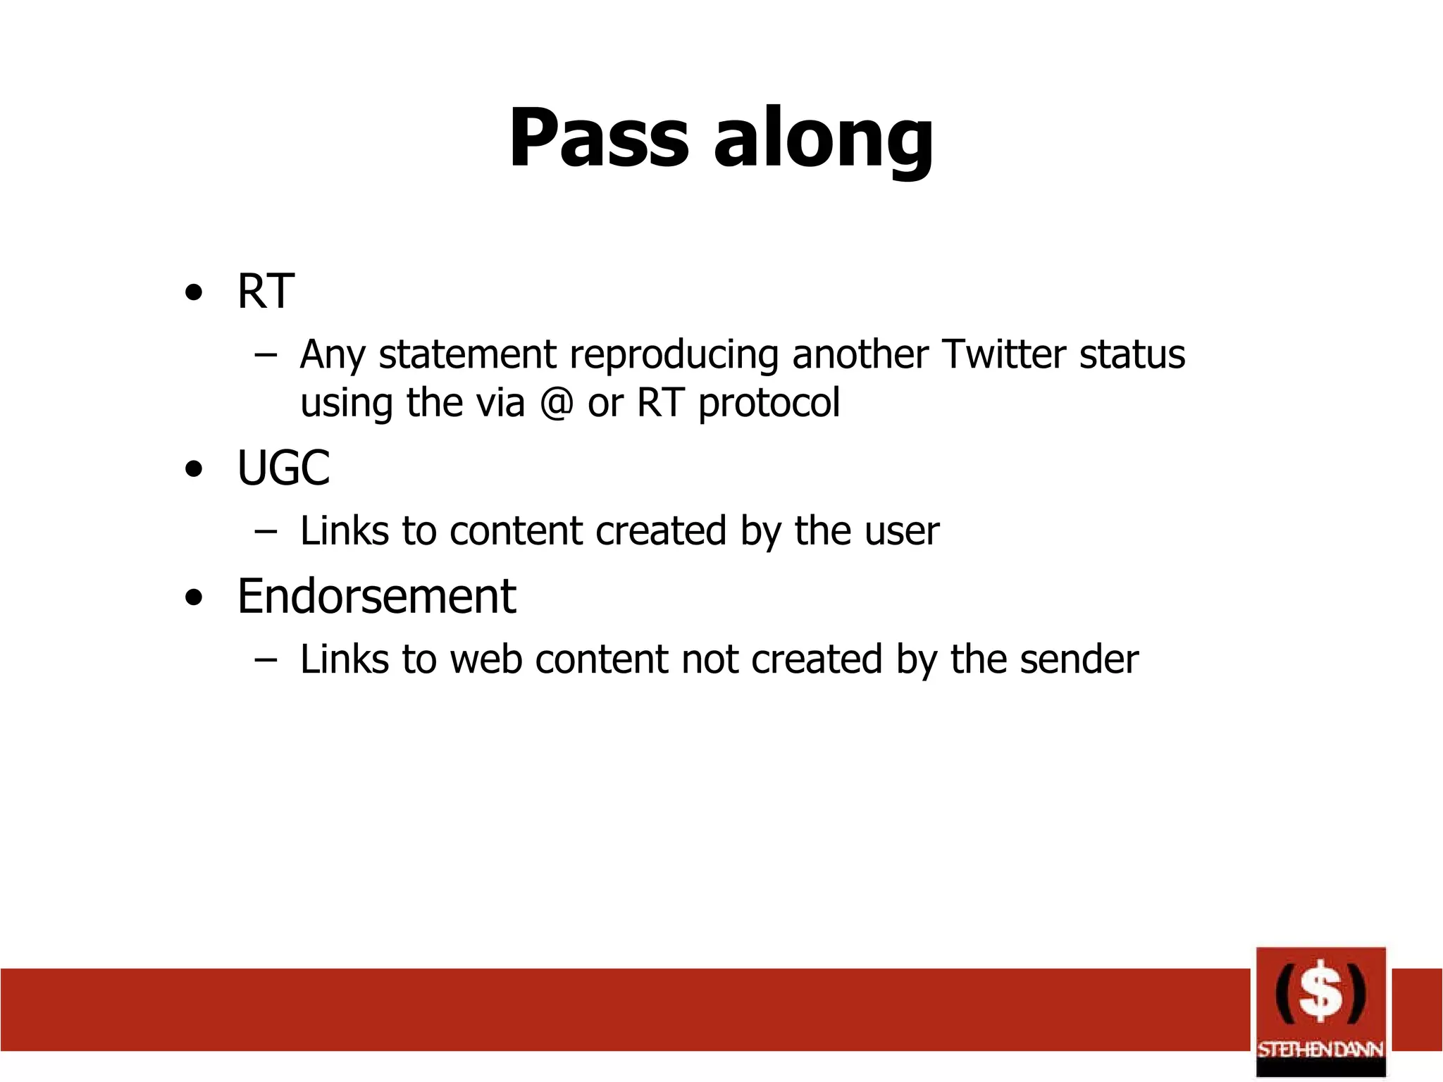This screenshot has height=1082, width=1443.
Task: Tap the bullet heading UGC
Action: [283, 468]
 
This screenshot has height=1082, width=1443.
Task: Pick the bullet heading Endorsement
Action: [376, 597]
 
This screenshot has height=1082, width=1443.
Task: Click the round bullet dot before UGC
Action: [194, 470]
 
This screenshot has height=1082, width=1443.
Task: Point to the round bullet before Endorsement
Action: [194, 598]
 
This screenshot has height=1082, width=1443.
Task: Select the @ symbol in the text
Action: [556, 403]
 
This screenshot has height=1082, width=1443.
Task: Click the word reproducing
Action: [674, 355]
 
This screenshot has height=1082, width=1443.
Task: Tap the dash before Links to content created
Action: [266, 531]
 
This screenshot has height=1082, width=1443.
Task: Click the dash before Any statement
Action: [266, 354]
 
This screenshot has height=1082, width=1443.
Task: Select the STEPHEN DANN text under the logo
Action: [1320, 1050]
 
